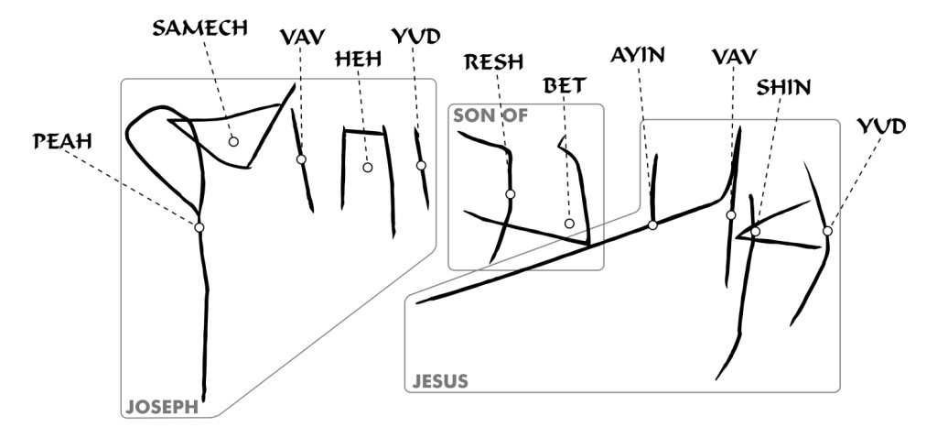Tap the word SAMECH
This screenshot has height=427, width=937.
click(199, 27)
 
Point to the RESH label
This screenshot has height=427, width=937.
click(493, 62)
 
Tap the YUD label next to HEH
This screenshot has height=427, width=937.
click(415, 36)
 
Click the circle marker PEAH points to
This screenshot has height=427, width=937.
click(199, 226)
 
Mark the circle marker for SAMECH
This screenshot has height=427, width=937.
click(233, 141)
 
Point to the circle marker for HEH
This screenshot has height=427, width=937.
click(367, 168)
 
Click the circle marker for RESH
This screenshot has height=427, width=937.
click(510, 193)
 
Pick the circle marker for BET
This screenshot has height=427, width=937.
click(568, 224)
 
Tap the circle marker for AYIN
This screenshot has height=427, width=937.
click(652, 224)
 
